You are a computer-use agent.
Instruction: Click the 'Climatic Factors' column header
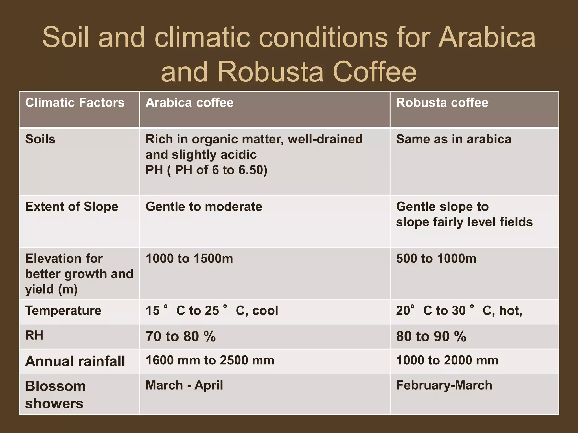point(75,103)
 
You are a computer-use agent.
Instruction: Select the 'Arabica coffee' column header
point(189,103)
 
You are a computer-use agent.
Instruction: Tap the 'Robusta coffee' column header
point(442,103)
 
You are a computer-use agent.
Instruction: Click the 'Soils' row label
point(40,139)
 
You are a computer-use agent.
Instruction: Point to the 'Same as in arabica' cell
point(454,139)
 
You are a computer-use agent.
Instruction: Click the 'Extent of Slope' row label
point(72,207)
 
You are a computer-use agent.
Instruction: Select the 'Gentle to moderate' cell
point(204,207)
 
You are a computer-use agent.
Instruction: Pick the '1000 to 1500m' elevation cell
point(189,259)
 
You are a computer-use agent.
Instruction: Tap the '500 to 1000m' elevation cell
point(436,259)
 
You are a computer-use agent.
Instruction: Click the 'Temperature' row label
point(63,311)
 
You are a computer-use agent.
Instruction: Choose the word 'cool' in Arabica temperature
point(265,311)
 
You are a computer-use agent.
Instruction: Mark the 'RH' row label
point(34,335)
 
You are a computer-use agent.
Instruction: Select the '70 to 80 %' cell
point(181,336)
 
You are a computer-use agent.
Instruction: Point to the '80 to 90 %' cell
point(431,336)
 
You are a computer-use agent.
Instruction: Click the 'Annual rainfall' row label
point(75,361)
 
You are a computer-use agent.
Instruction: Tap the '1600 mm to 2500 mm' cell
point(210,361)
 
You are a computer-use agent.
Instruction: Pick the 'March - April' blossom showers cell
point(184,385)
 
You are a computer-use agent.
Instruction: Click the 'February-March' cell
point(444,385)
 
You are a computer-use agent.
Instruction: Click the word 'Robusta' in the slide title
point(270,72)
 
